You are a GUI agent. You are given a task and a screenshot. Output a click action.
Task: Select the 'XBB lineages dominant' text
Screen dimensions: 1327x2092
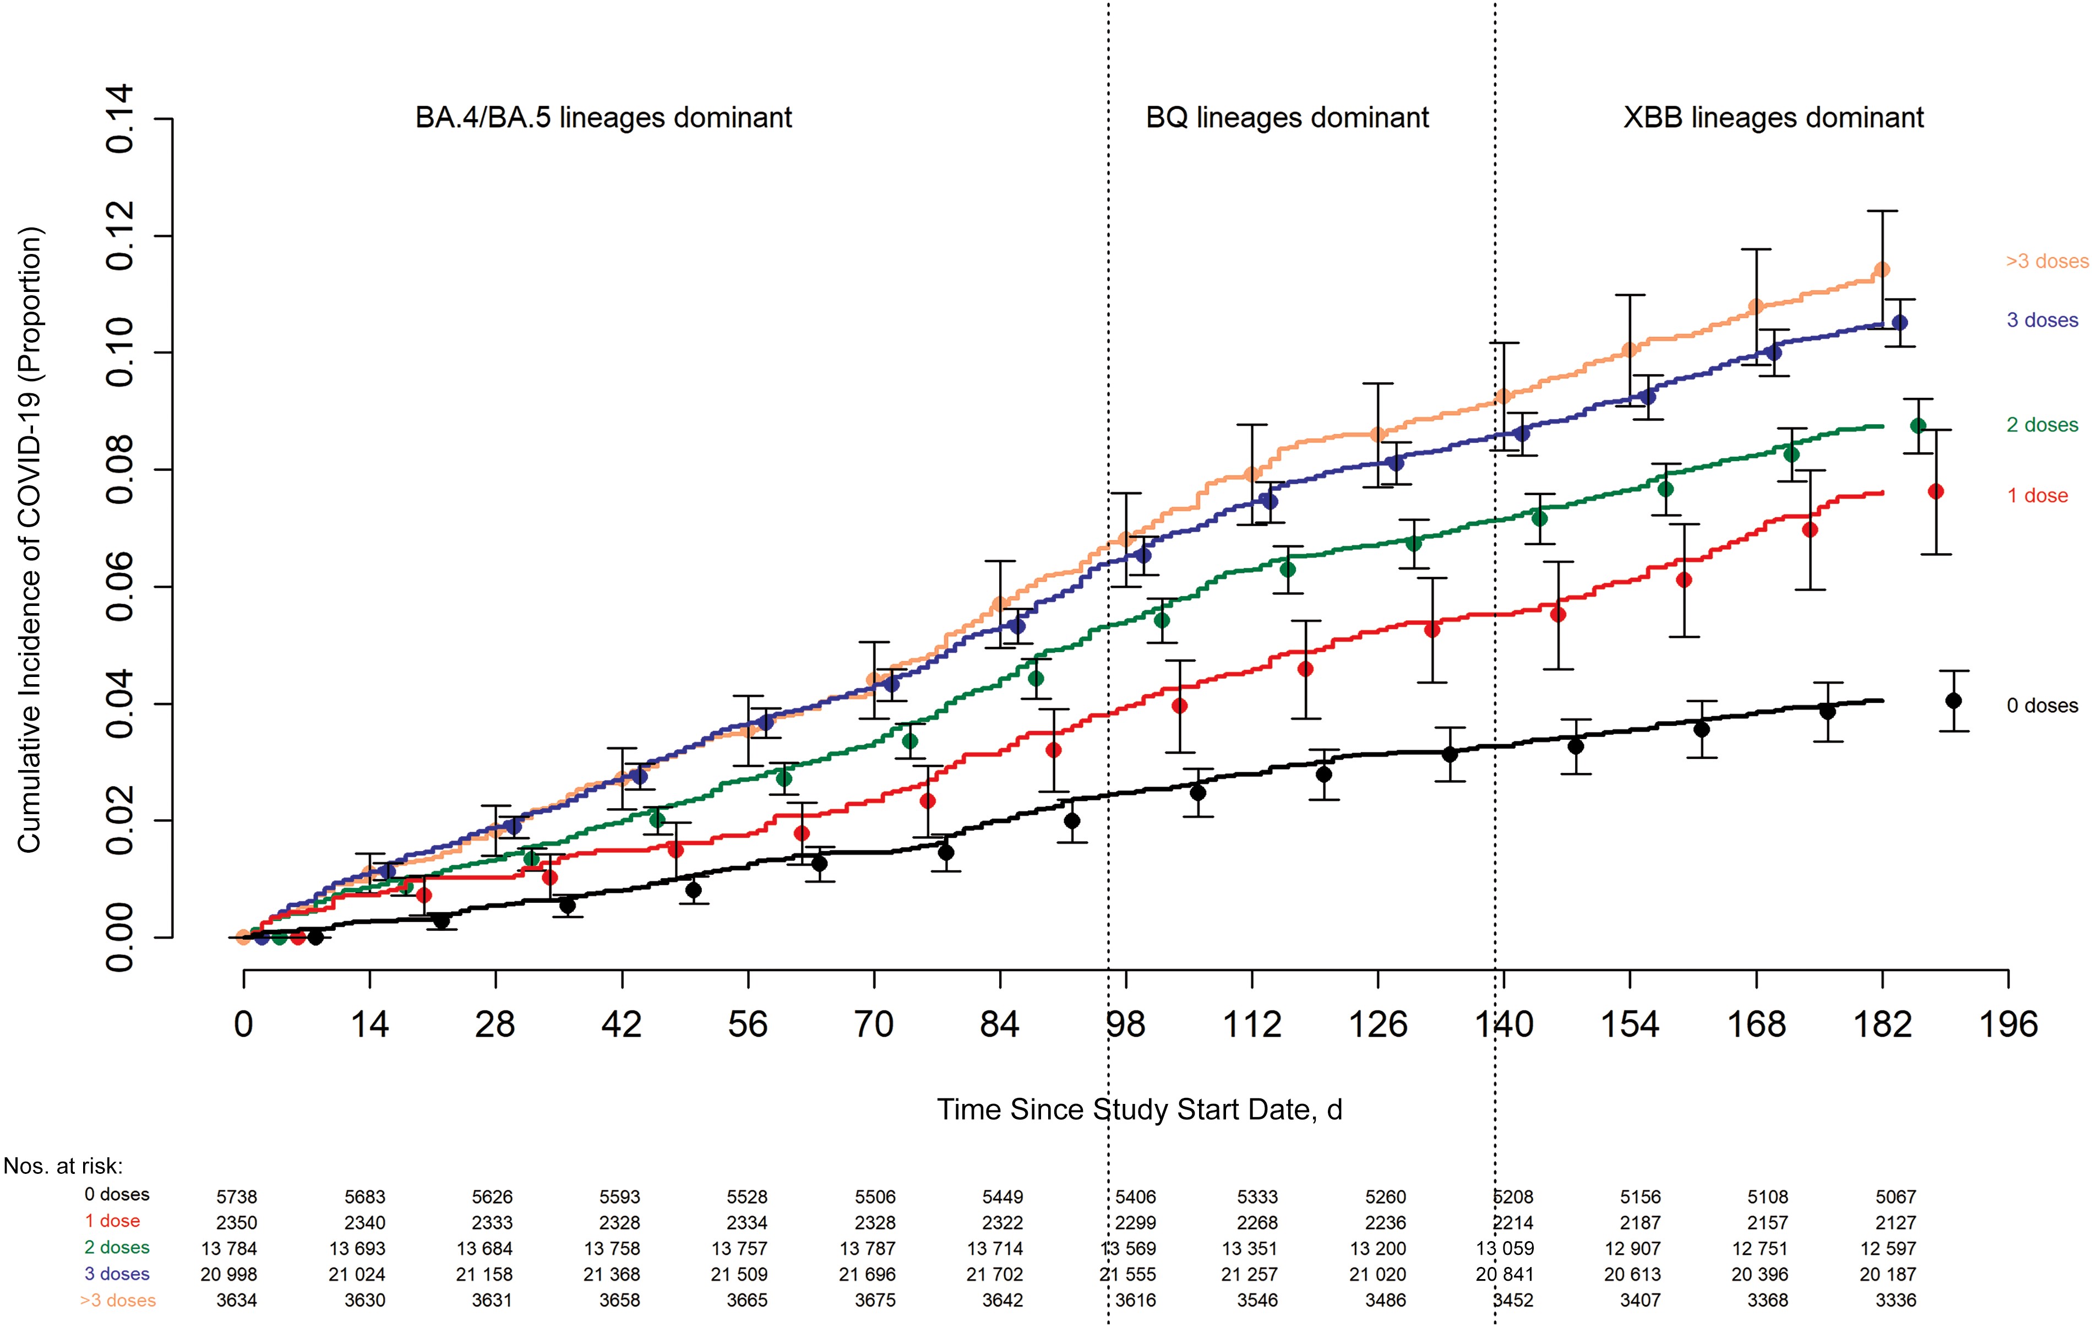pyautogui.click(x=1773, y=117)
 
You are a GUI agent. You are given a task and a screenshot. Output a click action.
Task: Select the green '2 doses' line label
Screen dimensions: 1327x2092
pyautogui.click(x=2041, y=425)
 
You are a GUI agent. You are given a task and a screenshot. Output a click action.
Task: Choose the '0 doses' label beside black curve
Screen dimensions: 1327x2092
pyautogui.click(x=2041, y=706)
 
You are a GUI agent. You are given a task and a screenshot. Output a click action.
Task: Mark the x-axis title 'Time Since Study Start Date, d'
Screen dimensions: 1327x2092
pyautogui.click(x=1139, y=1110)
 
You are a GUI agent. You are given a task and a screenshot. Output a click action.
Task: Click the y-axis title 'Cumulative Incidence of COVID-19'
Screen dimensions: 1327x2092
pyautogui.click(x=30, y=539)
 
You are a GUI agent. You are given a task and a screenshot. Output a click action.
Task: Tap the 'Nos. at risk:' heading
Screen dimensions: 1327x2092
pyautogui.click(x=63, y=1166)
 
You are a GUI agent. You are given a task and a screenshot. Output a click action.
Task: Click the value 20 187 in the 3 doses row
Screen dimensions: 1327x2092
pyautogui.click(x=1887, y=1275)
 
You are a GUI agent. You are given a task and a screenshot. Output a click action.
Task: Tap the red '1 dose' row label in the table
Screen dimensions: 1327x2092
pyautogui.click(x=112, y=1222)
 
